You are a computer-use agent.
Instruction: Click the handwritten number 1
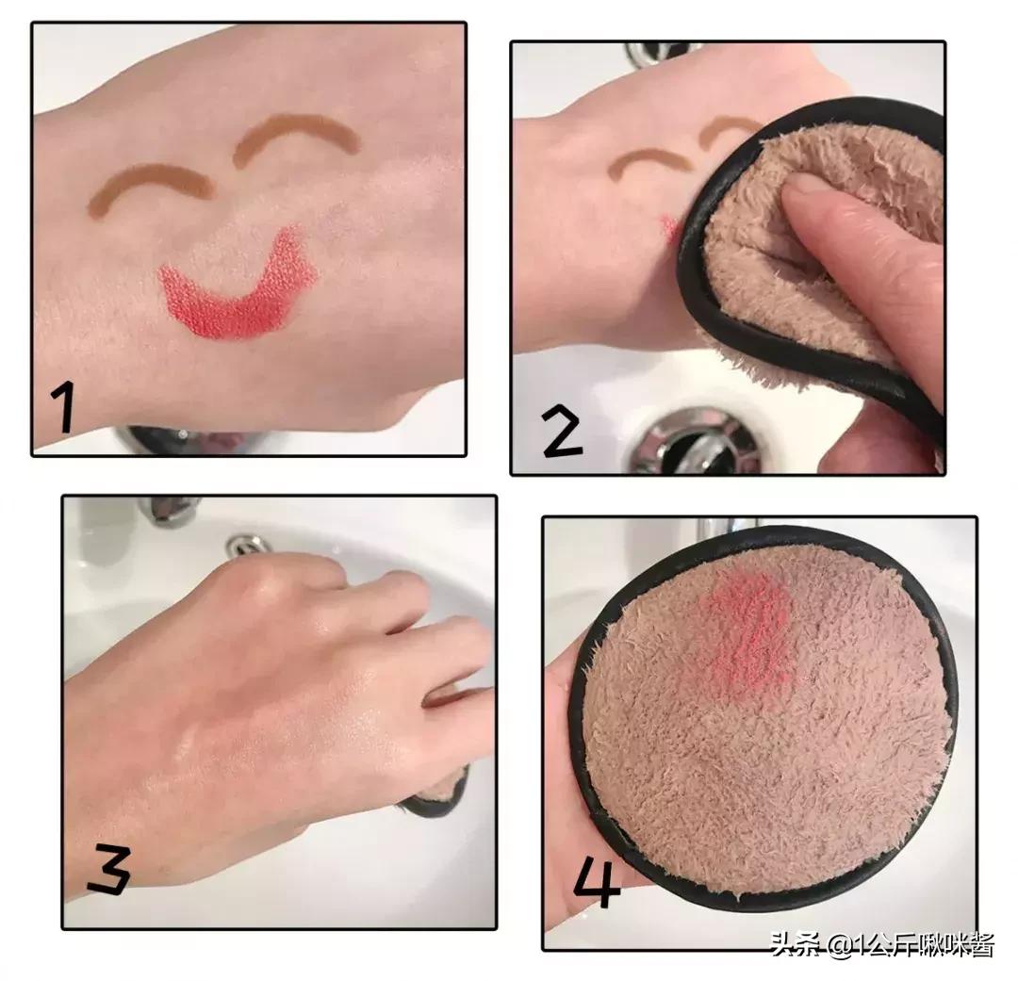(x=64, y=406)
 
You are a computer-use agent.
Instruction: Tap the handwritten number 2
(x=562, y=431)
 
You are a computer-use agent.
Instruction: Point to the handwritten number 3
(x=109, y=870)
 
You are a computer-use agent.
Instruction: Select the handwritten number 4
(x=596, y=880)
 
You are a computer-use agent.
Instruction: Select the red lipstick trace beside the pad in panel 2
(x=671, y=228)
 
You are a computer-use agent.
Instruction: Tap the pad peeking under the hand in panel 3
(x=435, y=793)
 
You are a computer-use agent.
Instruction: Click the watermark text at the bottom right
(x=881, y=944)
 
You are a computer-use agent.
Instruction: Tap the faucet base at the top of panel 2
(x=656, y=53)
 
